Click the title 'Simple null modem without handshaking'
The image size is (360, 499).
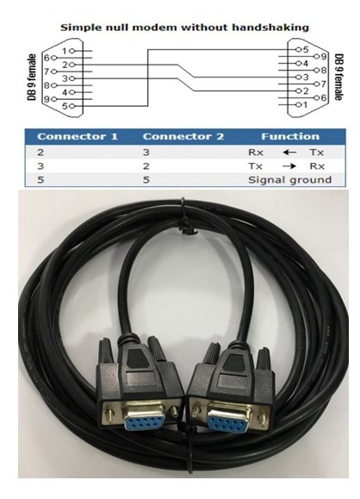(x=184, y=28)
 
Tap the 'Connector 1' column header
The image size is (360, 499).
(x=78, y=136)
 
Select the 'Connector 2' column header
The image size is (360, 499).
(x=183, y=136)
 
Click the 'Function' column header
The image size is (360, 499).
(x=290, y=136)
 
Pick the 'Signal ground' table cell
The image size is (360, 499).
(x=289, y=180)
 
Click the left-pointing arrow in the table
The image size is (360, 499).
(x=289, y=153)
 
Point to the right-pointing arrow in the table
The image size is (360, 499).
(x=289, y=166)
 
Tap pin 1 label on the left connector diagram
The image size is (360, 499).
(x=65, y=51)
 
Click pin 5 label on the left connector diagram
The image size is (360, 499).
(x=65, y=106)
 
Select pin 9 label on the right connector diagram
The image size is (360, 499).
(x=324, y=57)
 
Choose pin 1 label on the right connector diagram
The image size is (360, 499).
(x=305, y=104)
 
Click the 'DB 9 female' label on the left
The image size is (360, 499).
(x=32, y=78)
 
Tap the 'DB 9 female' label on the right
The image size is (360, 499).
(x=339, y=78)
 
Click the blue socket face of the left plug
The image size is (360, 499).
(x=144, y=421)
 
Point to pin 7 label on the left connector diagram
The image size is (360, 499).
(x=47, y=72)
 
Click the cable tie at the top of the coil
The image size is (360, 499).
(x=185, y=220)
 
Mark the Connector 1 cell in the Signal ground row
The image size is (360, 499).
(x=40, y=180)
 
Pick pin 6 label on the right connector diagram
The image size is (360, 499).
(x=324, y=97)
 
